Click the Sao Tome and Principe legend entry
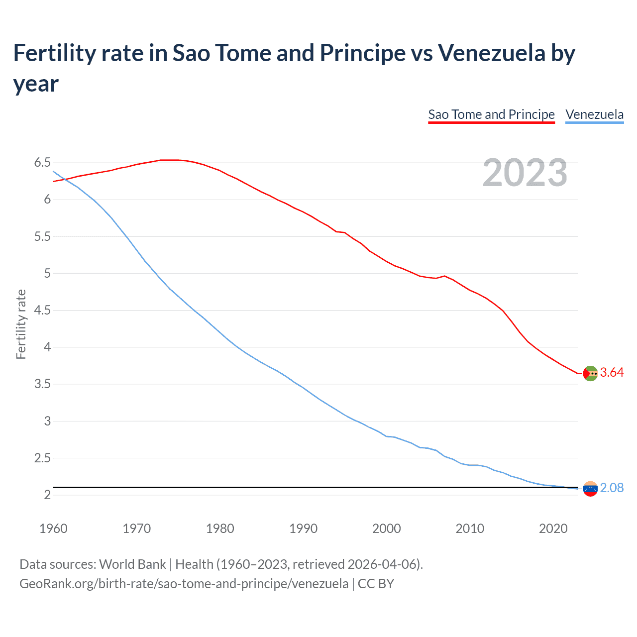[x=491, y=114]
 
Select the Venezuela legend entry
[x=594, y=114]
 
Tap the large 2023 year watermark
[x=525, y=173]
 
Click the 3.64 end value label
[x=612, y=373]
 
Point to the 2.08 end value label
[x=612, y=488]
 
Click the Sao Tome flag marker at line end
[x=590, y=373]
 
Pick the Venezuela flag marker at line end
[x=590, y=489]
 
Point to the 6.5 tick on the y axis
[x=42, y=163]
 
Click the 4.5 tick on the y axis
[x=42, y=311]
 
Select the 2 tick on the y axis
[x=47, y=495]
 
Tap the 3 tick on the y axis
[x=47, y=421]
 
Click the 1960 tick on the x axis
[x=53, y=529]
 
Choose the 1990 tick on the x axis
[x=303, y=529]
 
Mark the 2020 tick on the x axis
[x=553, y=529]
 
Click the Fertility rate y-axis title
[x=21, y=324]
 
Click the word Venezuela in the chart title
[x=492, y=53]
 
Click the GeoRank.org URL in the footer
[x=184, y=583]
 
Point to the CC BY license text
[x=376, y=583]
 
